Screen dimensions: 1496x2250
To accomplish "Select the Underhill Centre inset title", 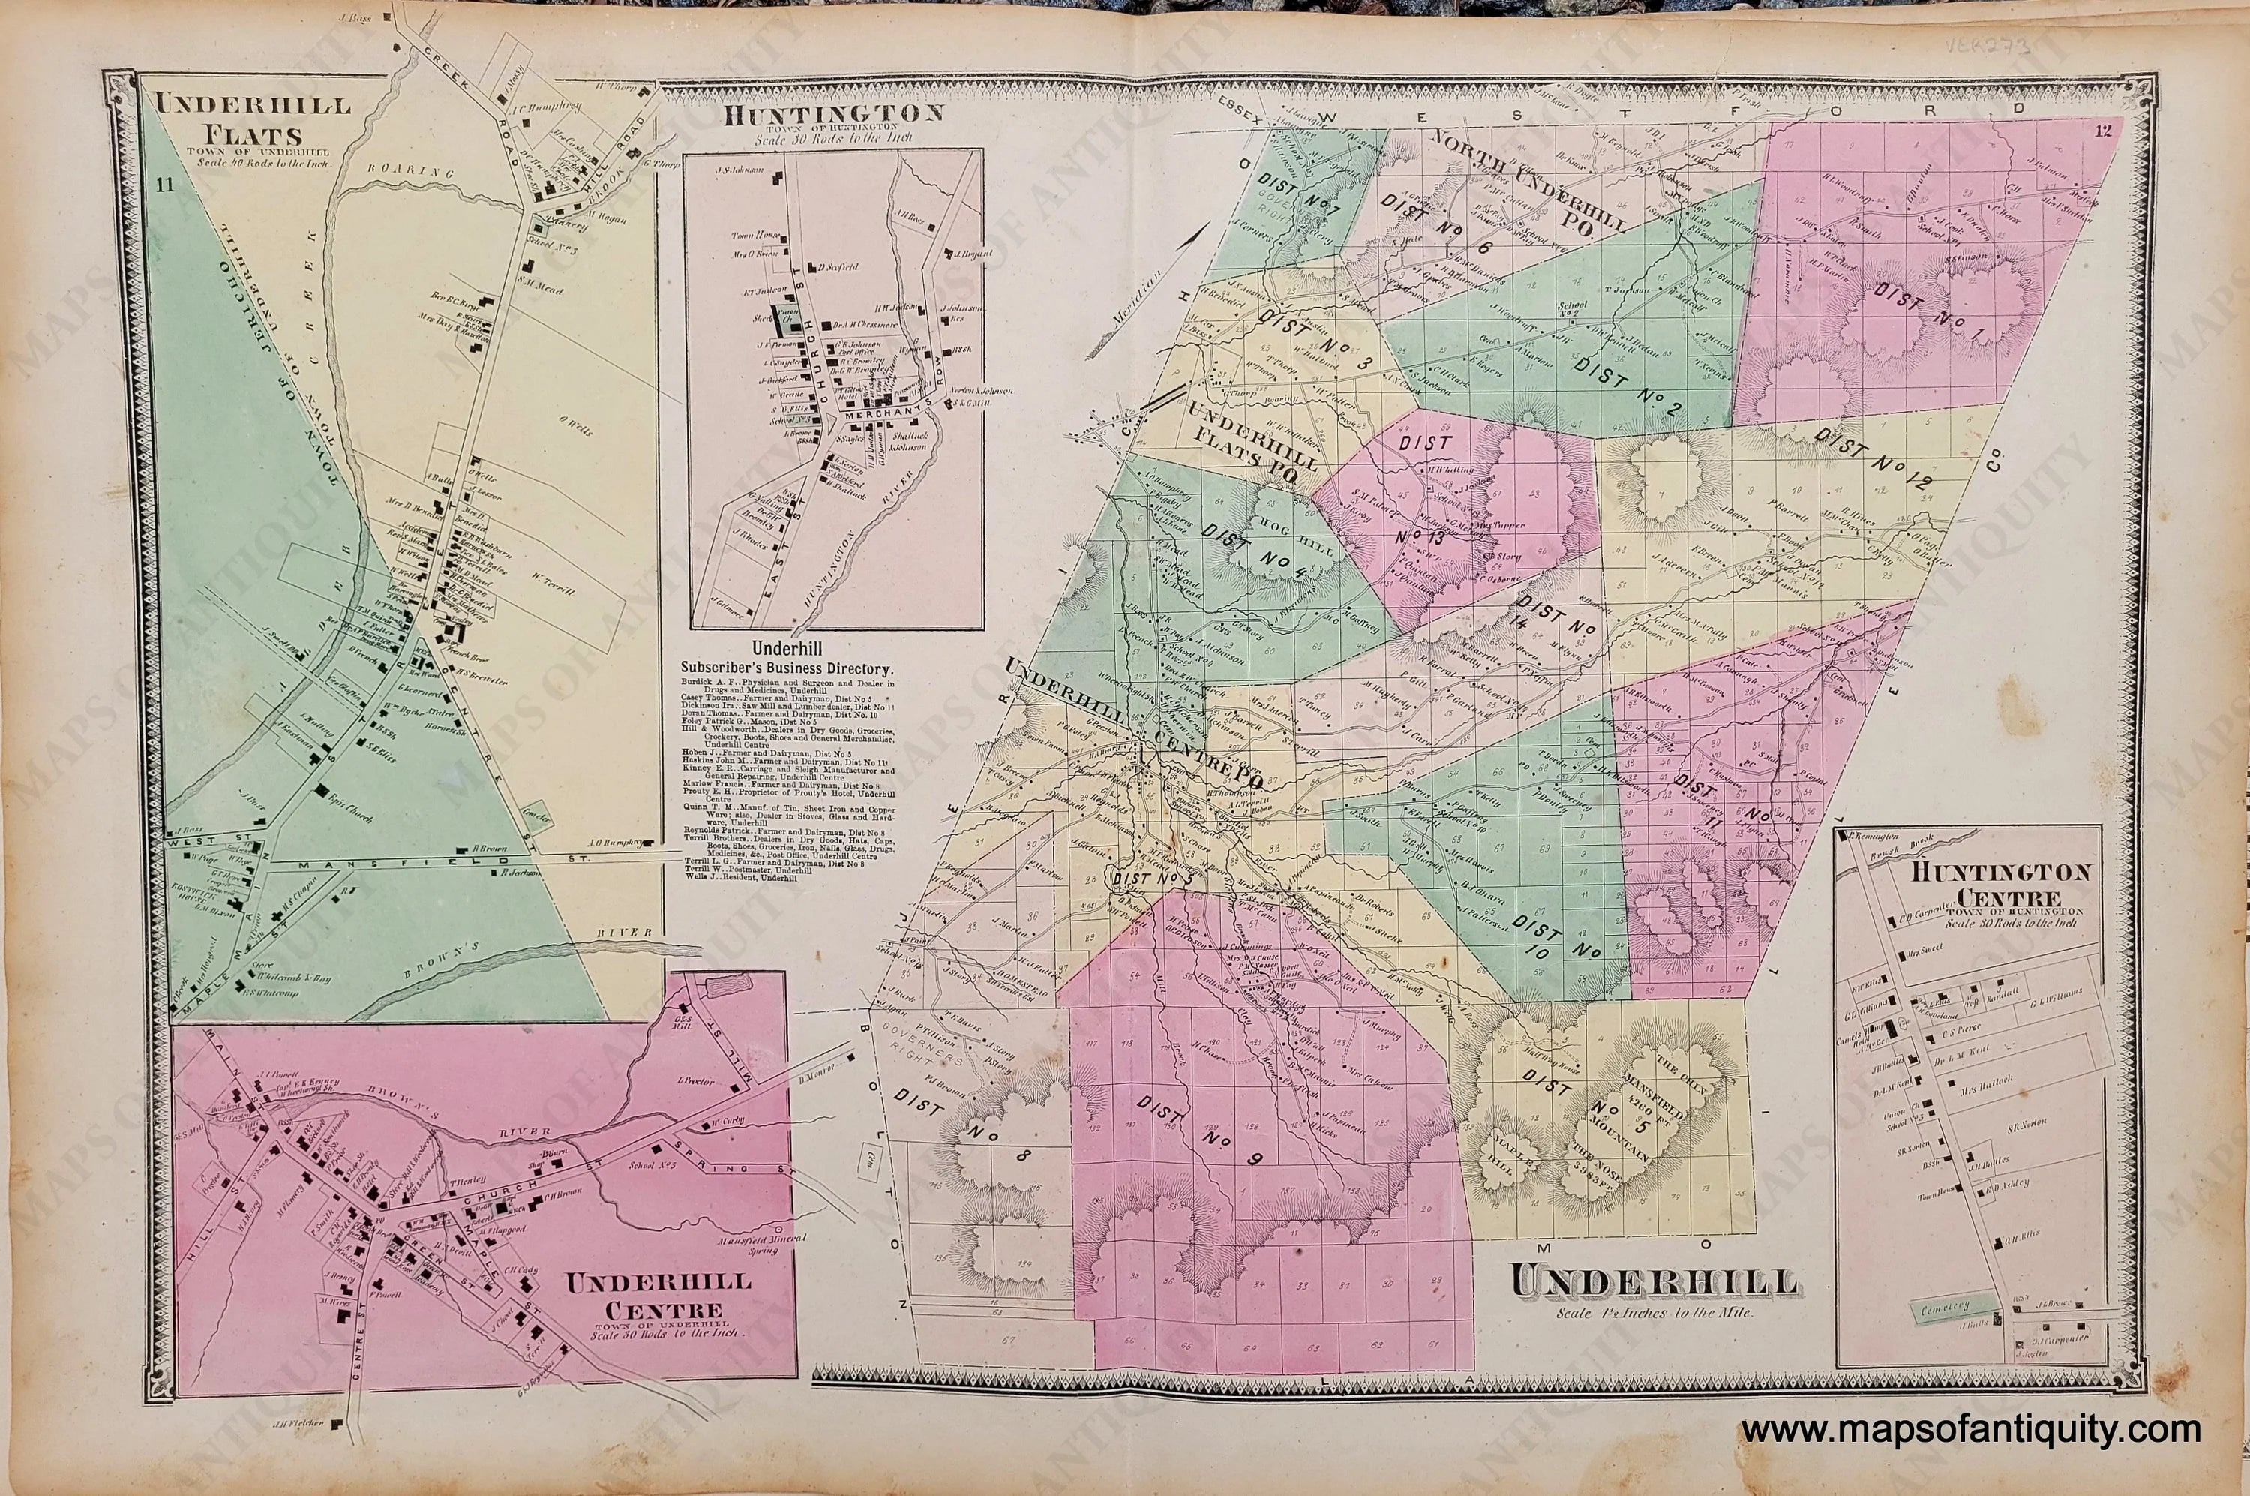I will tap(657, 1293).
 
